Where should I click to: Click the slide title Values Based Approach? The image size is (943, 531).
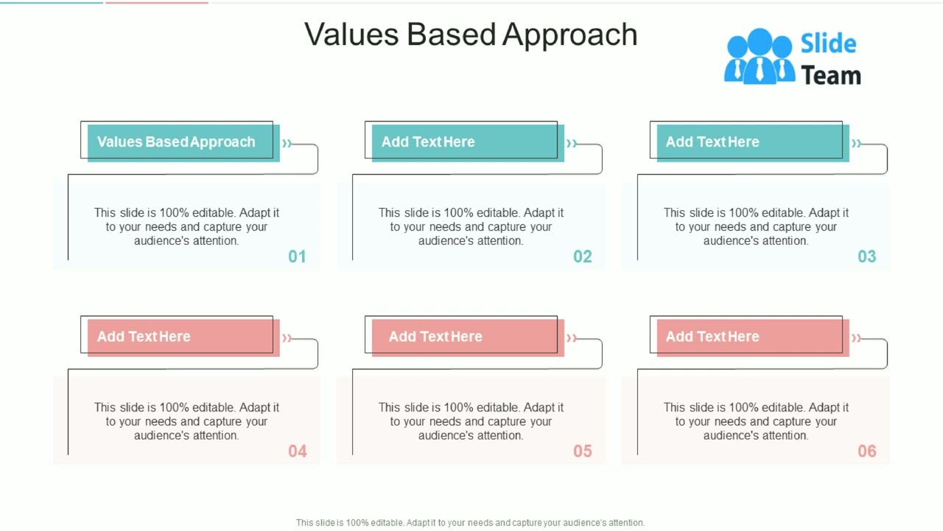471,35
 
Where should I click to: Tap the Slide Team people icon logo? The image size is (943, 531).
759,56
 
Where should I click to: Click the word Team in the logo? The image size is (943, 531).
830,75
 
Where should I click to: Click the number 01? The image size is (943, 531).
297,257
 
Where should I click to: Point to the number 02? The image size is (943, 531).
582,257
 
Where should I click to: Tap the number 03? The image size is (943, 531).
866,257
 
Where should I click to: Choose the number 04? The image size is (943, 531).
297,451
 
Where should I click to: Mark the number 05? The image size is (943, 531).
582,451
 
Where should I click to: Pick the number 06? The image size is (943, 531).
866,451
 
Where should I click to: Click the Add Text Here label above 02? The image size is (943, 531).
428,142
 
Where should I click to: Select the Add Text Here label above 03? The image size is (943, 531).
712,142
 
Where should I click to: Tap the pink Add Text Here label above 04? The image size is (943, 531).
144,336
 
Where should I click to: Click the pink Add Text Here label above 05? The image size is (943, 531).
435,336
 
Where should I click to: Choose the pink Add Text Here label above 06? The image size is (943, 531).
712,336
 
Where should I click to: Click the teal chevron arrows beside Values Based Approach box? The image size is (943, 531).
287,143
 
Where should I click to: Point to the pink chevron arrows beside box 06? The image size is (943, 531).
856,338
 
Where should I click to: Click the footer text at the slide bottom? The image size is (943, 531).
470,522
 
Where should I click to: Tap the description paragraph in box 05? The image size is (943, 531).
471,421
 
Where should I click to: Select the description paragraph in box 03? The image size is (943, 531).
756,226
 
